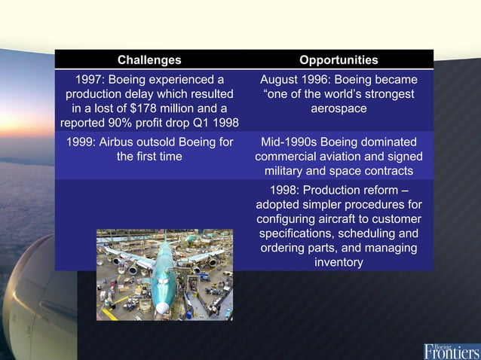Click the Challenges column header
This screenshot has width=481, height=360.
click(149, 59)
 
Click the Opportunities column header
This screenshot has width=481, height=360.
click(339, 59)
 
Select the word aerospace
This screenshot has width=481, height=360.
click(339, 108)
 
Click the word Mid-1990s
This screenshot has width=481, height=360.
click(290, 142)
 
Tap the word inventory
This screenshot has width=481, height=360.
click(339, 262)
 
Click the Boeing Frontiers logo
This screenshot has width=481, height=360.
click(451, 349)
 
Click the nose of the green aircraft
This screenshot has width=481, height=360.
click(162, 307)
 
